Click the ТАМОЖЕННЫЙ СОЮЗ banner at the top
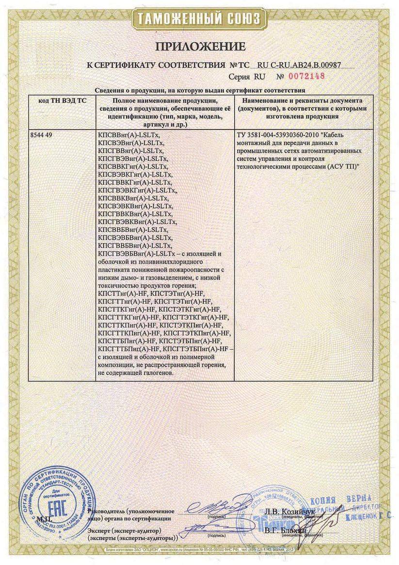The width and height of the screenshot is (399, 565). coord(200,19)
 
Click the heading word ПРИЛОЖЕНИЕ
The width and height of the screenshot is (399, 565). coord(200,47)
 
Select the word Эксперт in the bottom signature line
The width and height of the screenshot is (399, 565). coord(102,531)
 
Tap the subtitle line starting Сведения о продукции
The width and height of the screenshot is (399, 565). coord(200,90)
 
